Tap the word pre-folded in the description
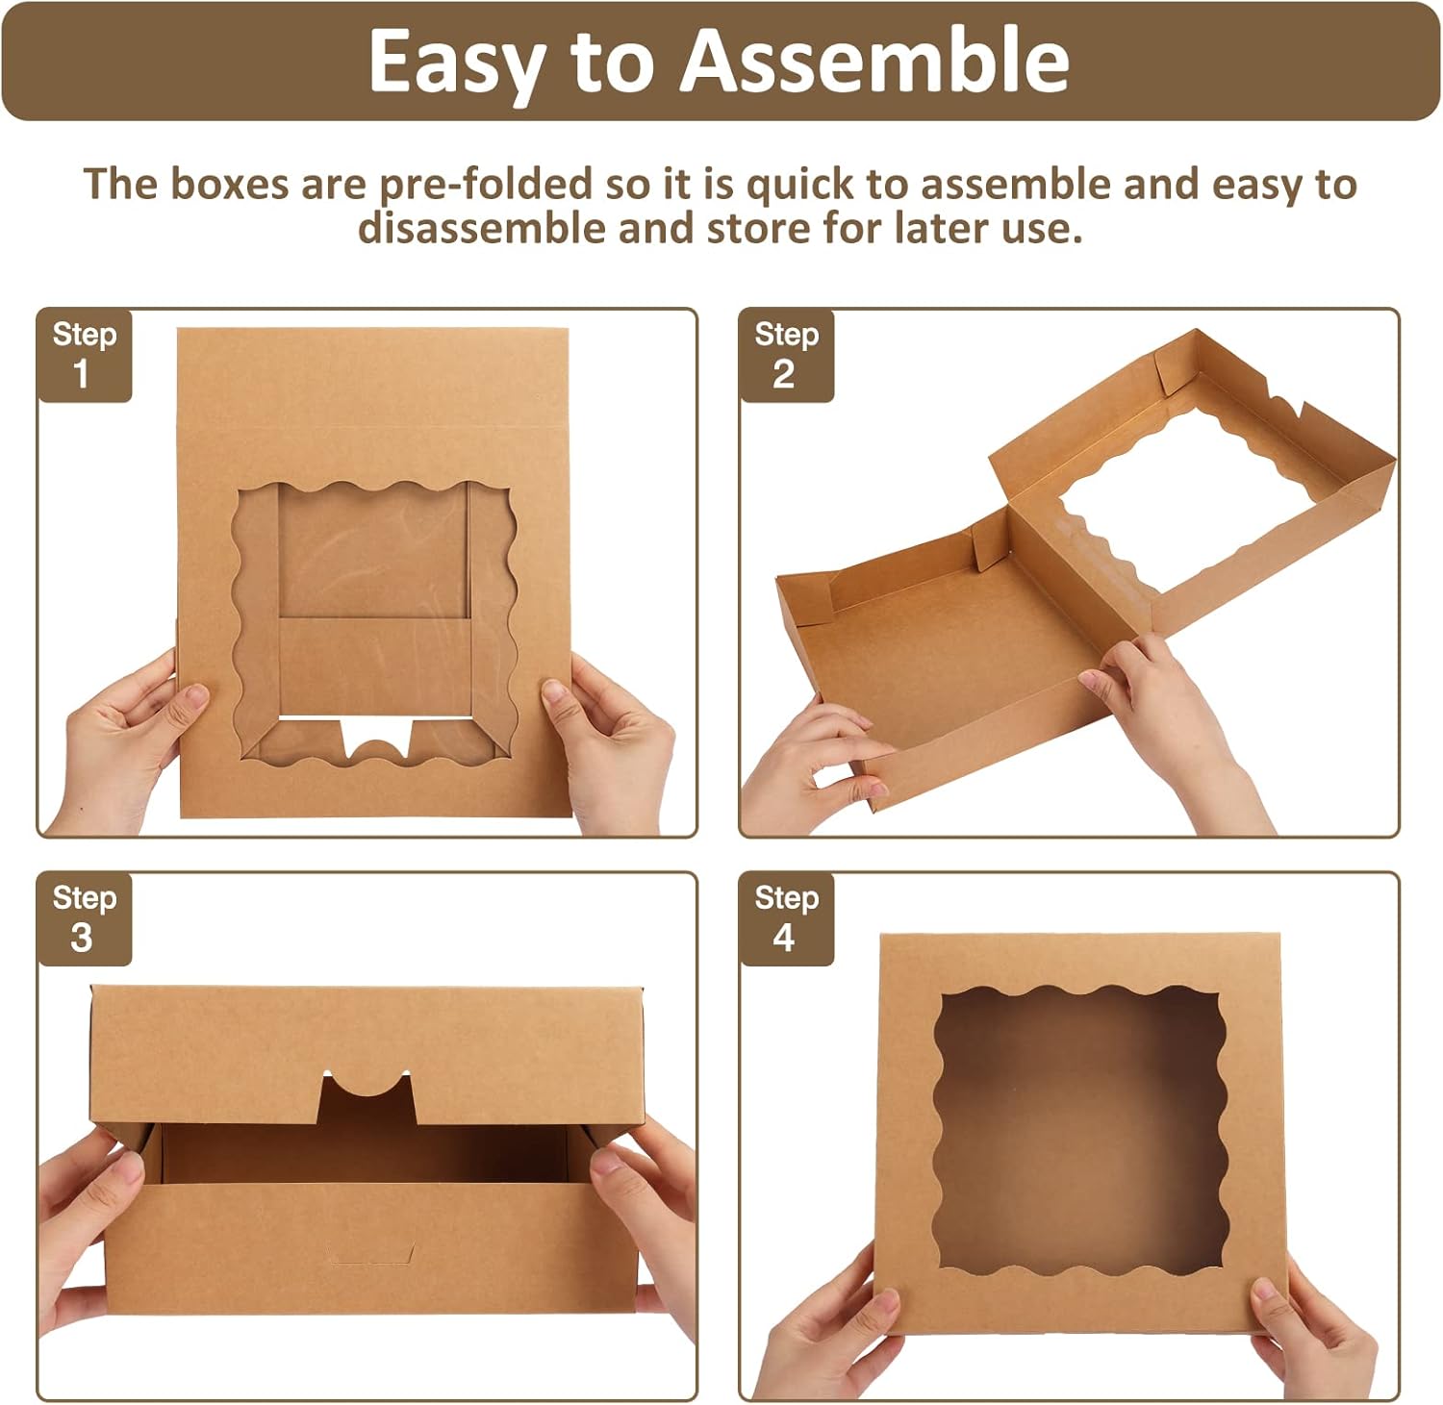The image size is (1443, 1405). click(485, 184)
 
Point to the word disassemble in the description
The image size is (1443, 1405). click(481, 229)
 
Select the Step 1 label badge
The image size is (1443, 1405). click(85, 355)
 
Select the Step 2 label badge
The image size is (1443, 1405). click(786, 355)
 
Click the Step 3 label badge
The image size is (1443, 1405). click(85, 919)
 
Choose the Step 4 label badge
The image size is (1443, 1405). click(786, 919)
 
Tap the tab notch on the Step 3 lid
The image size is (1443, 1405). click(367, 1097)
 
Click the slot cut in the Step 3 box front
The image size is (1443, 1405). click(371, 1254)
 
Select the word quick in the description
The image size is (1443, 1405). click(799, 184)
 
